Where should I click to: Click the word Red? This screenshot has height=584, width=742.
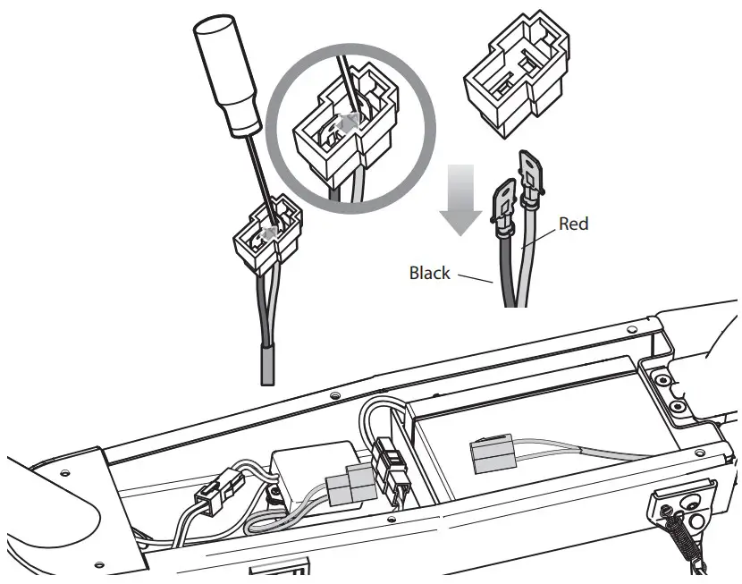pyautogui.click(x=573, y=224)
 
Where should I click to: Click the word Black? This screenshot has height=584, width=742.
pyautogui.click(x=429, y=273)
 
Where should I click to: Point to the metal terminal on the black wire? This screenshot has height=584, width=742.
pyautogui.click(x=502, y=203)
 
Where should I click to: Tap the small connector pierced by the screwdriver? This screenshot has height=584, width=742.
pyautogui.click(x=266, y=237)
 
